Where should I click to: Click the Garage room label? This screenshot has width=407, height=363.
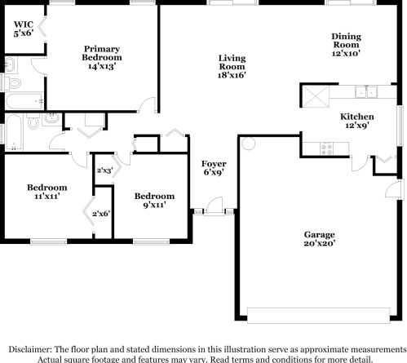coord(319,234)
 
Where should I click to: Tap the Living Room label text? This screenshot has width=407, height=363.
coord(232,62)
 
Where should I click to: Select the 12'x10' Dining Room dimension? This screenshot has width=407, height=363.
coord(346,53)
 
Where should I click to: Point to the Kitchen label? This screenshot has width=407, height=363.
coord(357,117)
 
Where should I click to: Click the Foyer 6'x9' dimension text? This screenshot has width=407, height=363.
coord(214,172)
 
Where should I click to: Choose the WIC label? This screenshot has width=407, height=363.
coord(24,24)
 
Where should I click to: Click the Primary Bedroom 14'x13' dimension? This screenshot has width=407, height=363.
coord(102,66)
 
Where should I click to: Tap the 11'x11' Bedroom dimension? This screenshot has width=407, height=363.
coord(47,196)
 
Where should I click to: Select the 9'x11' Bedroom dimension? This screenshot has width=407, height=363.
coord(154,205)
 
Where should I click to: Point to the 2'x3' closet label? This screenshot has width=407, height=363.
coord(105,170)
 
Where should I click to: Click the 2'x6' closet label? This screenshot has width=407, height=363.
coord(101,214)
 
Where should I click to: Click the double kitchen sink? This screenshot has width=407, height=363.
coord(366,91)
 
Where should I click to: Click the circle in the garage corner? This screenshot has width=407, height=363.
coord(248,144)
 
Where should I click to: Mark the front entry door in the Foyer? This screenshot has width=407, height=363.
coord(215,206)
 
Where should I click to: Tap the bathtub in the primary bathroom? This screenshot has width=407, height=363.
coord(24,101)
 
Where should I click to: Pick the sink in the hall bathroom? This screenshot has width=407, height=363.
coord(52,119)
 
